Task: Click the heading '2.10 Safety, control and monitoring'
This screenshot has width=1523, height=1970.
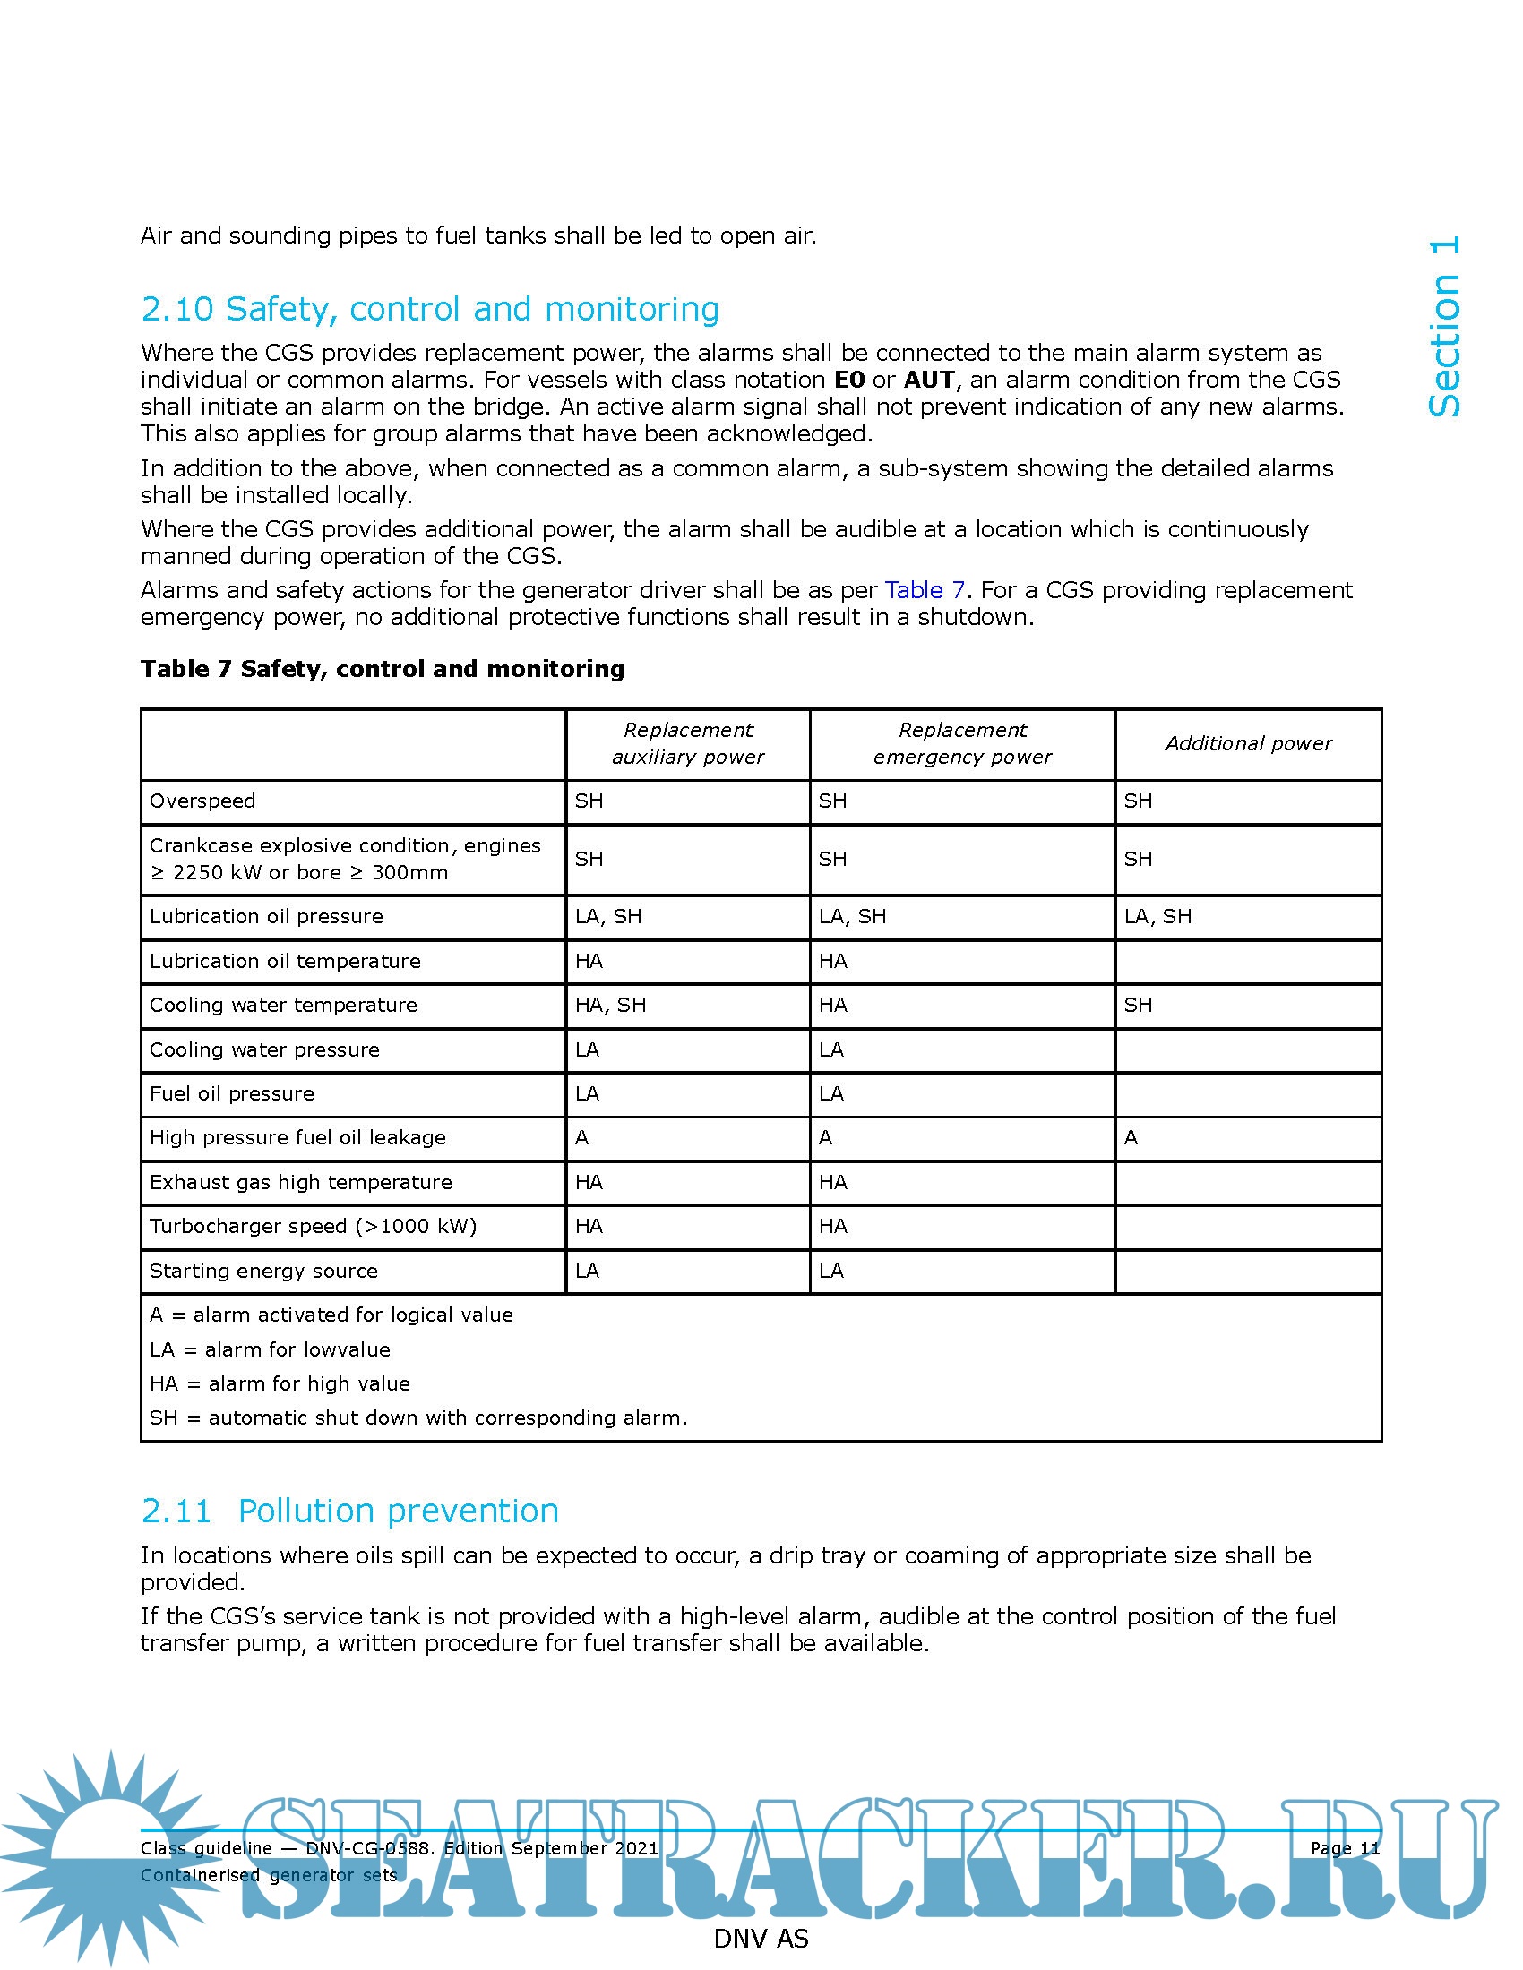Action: tap(429, 310)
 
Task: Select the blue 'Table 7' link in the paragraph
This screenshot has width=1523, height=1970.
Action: tap(924, 590)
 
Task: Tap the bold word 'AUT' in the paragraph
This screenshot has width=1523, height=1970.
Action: tap(928, 380)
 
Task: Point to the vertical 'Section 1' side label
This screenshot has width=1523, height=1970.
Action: tap(1444, 327)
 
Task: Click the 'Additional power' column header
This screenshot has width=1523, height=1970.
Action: tap(1248, 743)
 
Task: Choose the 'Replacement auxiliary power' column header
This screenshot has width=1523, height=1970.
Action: tap(687, 743)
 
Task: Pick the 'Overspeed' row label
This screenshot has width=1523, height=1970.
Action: tap(202, 801)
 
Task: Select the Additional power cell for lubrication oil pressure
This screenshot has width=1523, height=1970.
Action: tap(1157, 916)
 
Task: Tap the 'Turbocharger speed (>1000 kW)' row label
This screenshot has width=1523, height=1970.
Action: tap(313, 1226)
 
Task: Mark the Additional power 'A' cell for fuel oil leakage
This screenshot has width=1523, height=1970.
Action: tap(1131, 1137)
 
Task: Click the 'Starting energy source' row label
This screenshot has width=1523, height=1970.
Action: tap(263, 1271)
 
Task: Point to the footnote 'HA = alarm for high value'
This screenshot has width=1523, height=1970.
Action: tap(280, 1383)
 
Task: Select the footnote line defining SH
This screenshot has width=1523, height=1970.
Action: tap(417, 1418)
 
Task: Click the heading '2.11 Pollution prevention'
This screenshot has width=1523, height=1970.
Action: tap(350, 1511)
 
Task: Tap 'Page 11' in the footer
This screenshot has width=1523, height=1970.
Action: tap(1345, 1848)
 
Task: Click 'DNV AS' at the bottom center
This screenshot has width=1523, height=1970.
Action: tap(761, 1939)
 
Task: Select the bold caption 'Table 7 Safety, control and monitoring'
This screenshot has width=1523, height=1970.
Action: tap(382, 668)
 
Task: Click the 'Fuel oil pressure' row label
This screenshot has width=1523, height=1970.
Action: tap(232, 1093)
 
